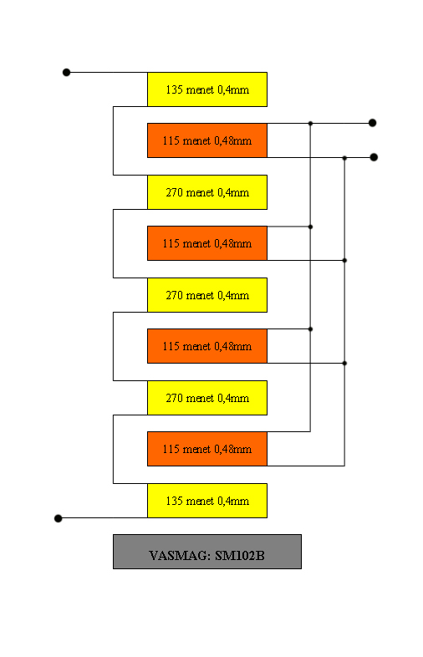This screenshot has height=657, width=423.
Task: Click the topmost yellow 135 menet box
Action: [x=207, y=89]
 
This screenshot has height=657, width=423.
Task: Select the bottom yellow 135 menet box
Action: [x=207, y=501]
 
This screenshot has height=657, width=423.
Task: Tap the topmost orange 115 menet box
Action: [x=207, y=140]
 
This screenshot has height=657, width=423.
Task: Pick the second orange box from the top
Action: [x=207, y=243]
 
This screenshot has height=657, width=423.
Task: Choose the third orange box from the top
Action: [x=207, y=346]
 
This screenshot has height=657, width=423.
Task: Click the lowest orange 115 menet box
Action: [x=207, y=449]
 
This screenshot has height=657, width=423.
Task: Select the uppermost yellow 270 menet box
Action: [x=207, y=192]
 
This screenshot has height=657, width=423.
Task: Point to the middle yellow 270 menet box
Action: [x=207, y=295]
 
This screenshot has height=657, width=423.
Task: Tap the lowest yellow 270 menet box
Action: [x=207, y=398]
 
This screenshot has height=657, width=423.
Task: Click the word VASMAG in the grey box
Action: [x=180, y=556]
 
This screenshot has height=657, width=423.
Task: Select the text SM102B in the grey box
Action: [x=240, y=556]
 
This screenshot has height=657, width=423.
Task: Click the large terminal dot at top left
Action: [x=66, y=73]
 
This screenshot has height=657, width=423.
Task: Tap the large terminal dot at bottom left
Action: [x=59, y=518]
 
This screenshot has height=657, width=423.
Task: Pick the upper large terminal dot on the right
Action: [x=372, y=123]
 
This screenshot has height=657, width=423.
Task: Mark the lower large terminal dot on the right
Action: [x=374, y=157]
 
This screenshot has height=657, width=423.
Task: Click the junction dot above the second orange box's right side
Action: [x=310, y=227]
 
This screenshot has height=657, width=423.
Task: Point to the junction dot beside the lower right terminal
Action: [x=344, y=158]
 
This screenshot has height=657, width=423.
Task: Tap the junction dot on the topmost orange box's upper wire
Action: [x=310, y=124]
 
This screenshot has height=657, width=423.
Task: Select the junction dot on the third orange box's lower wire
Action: [x=344, y=364]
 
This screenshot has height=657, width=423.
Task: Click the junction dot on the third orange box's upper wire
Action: [x=310, y=329]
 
